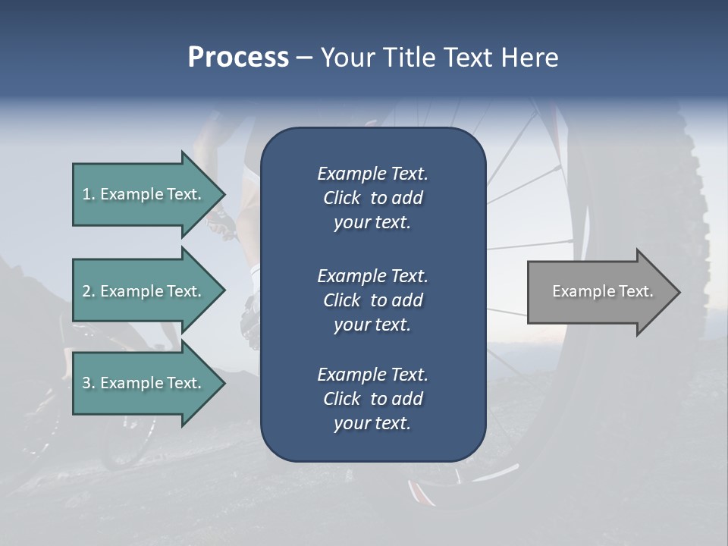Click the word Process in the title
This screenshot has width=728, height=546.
click(238, 58)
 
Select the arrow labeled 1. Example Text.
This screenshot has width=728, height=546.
click(144, 194)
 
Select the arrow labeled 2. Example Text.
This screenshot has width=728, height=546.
click(144, 291)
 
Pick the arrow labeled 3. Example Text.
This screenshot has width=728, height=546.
click(144, 383)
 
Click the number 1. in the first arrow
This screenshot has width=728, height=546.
click(89, 194)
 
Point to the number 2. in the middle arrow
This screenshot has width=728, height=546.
click(89, 291)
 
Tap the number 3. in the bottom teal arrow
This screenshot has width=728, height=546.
click(89, 383)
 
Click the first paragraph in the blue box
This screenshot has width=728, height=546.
click(372, 198)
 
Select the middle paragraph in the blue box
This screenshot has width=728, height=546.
click(372, 300)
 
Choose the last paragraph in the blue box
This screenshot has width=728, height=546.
click(372, 399)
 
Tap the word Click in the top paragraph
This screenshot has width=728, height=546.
click(342, 199)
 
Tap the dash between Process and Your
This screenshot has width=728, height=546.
click(304, 58)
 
